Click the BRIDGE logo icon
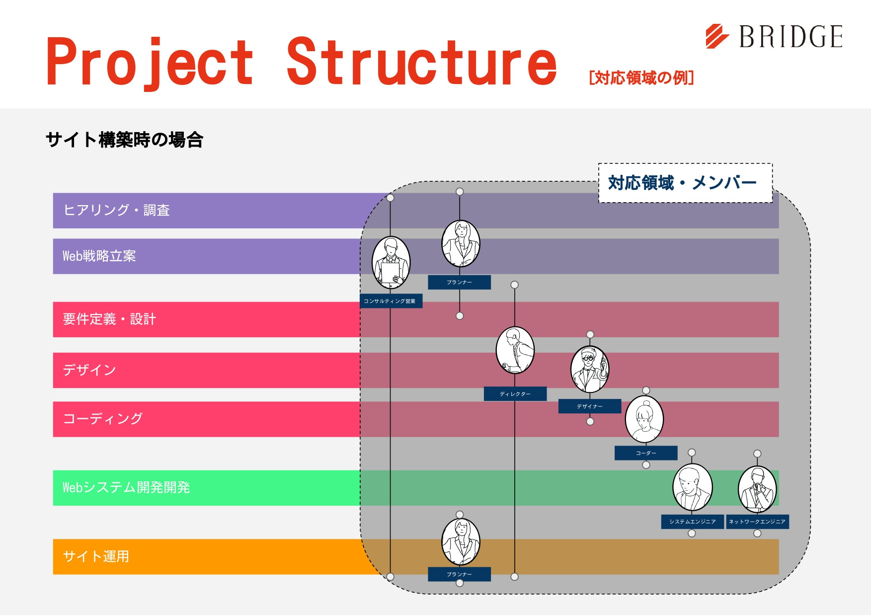point(717,36)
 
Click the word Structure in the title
point(421,63)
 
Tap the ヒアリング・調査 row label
point(117,210)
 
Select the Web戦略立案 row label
point(99,256)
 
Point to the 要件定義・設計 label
point(109,319)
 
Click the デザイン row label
point(89,370)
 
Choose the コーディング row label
point(103,419)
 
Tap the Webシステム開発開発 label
point(126,487)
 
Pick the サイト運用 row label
point(96,556)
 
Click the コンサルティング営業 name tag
point(391,301)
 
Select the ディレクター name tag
point(515,394)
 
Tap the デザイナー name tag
point(590,406)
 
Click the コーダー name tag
point(646,453)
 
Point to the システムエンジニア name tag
point(692,522)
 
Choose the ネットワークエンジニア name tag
point(757,522)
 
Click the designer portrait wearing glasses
point(590,370)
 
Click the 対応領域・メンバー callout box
point(685,183)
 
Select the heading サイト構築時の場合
point(124,140)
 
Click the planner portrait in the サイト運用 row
point(461,542)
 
